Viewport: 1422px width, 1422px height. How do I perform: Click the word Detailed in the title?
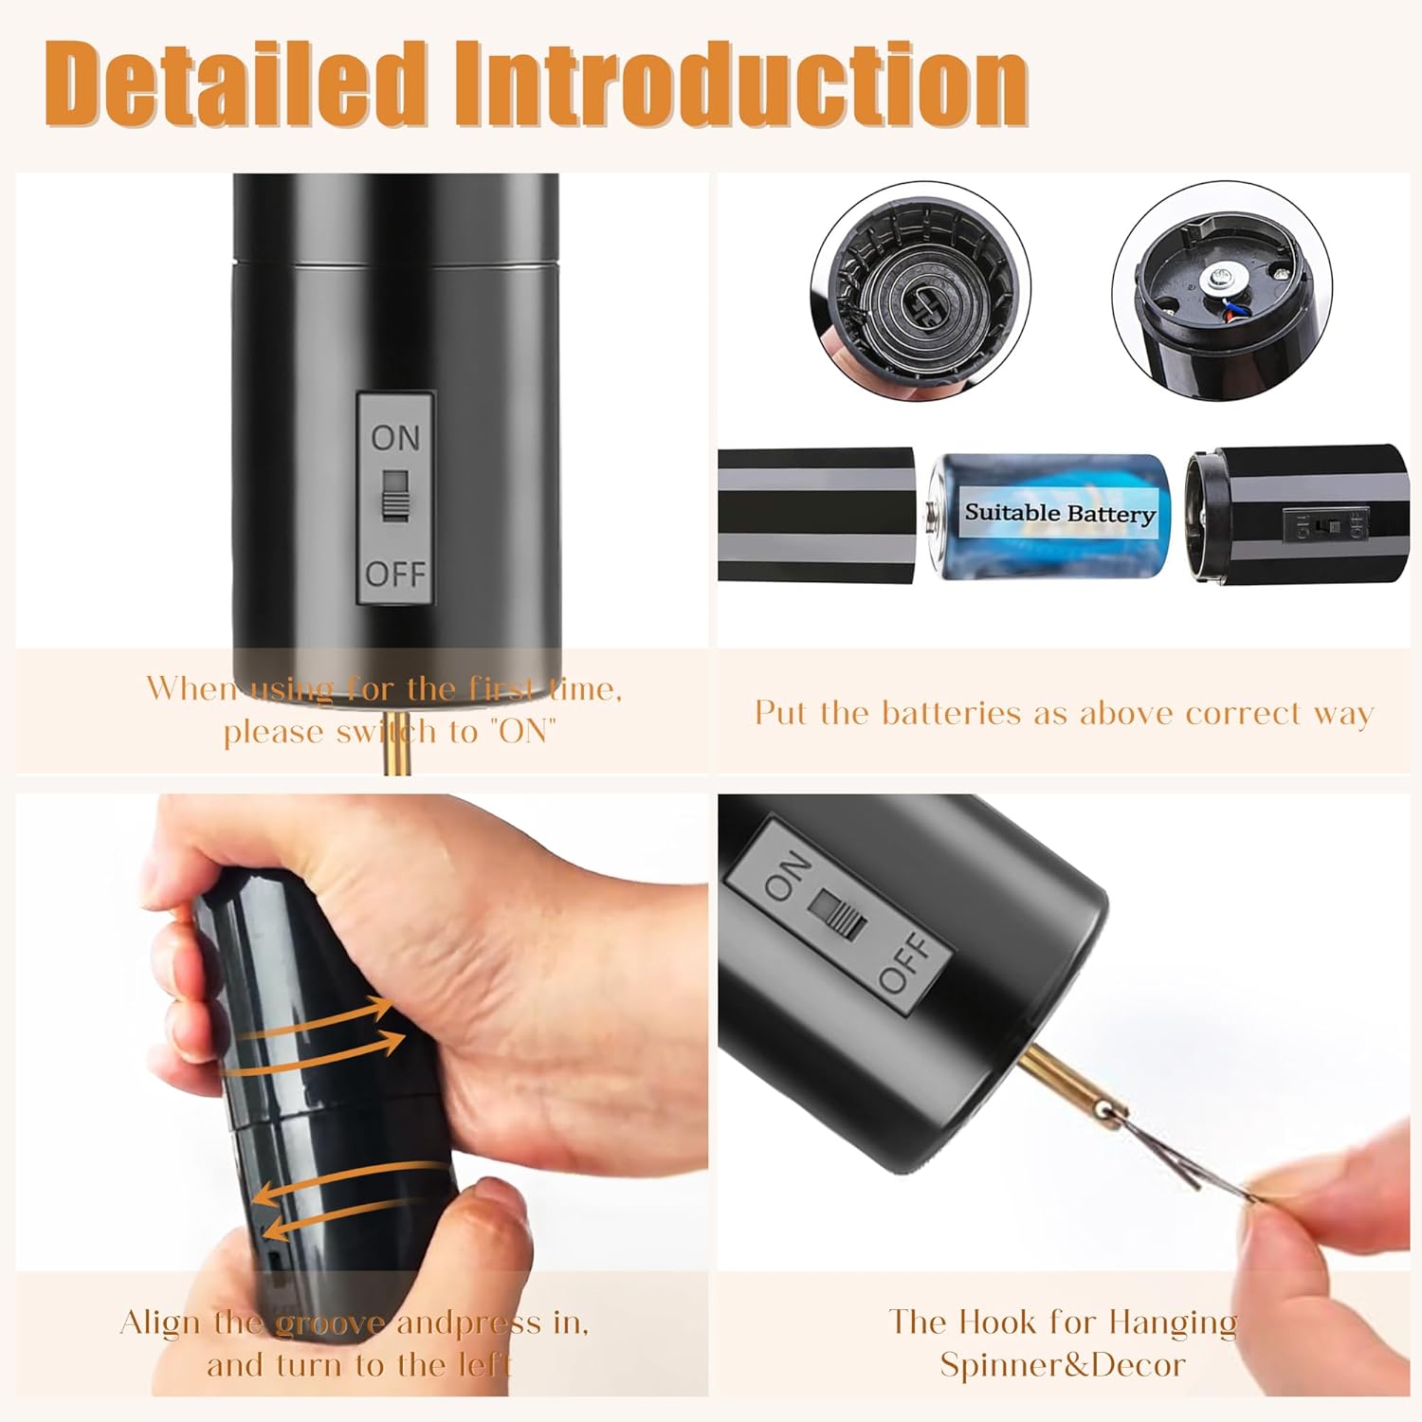(234, 83)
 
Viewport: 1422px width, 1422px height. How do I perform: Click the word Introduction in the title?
(741, 83)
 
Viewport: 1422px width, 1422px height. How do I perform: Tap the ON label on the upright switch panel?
(395, 437)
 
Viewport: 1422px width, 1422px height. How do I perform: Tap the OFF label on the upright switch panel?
(395, 574)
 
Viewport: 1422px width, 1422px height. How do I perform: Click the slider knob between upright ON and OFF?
(395, 495)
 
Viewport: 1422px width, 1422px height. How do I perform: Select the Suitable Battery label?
(1060, 513)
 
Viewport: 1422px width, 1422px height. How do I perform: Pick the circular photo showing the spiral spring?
(921, 292)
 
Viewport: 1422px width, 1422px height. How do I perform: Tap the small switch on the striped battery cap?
(1324, 524)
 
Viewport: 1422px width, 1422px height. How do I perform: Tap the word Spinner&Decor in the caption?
(1063, 1364)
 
